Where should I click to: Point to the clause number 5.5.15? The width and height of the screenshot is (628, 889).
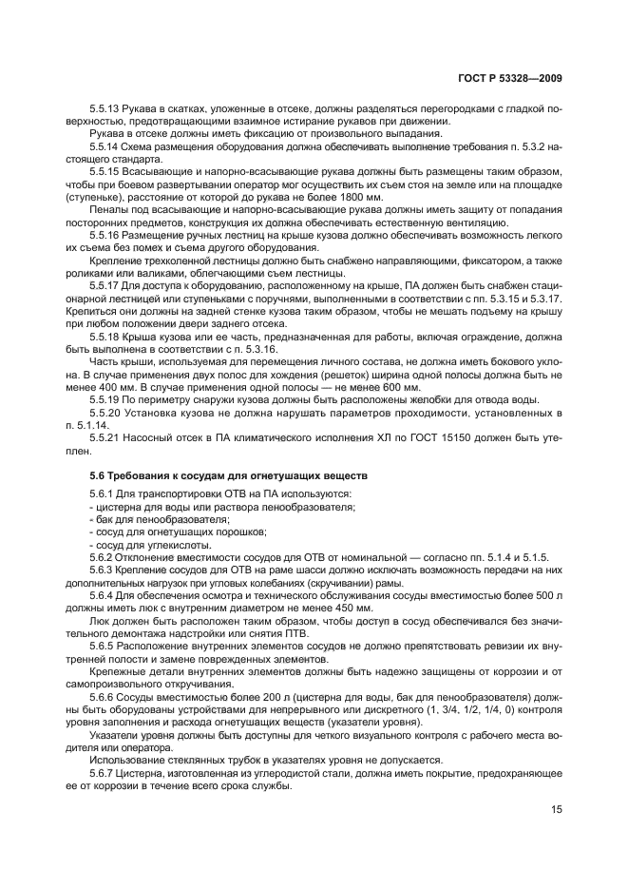coord(105,170)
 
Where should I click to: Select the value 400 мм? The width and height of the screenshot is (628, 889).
coord(105,387)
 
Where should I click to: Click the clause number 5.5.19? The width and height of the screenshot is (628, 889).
coord(105,399)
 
